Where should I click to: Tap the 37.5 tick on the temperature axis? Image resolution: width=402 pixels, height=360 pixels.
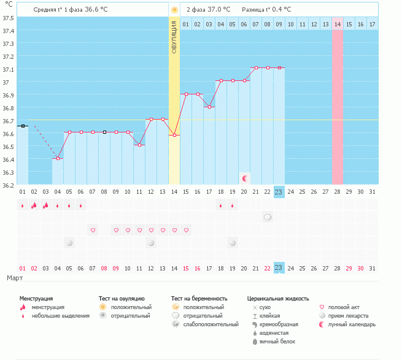[x=7, y=17]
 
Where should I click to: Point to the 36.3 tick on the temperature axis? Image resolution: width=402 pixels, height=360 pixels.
[x=7, y=172]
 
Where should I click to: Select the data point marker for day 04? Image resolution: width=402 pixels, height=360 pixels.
[x=58, y=158]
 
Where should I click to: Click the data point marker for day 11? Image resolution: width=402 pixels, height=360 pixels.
[x=139, y=145]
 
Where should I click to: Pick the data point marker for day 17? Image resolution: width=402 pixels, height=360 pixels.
[x=209, y=107]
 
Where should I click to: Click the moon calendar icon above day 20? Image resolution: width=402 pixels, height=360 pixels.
[x=244, y=178]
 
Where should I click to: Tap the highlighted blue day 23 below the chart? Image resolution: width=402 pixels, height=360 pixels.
[x=279, y=192]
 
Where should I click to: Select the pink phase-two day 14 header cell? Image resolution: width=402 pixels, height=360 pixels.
[x=338, y=24]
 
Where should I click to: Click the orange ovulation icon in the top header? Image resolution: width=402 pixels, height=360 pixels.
[x=174, y=10]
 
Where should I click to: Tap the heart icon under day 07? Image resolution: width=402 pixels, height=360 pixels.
[x=93, y=230]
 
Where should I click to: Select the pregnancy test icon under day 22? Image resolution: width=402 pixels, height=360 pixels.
[x=267, y=217]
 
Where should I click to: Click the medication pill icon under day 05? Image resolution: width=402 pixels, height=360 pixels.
[x=69, y=243]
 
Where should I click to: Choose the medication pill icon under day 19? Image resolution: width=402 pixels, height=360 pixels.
[x=233, y=243]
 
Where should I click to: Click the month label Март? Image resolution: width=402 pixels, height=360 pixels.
[x=15, y=278]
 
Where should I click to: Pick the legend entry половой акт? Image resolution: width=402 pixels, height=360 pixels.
[x=343, y=307]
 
